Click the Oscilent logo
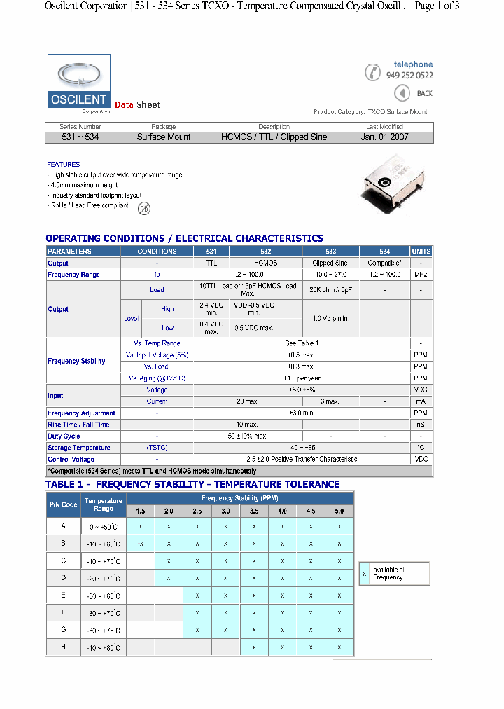78,84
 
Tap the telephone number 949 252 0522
409,76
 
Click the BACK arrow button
402,93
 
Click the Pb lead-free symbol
143,208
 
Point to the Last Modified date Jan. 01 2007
384,137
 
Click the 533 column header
330,252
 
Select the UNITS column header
421,252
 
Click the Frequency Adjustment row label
81,413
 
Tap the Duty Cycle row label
64,436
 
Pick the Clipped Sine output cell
330,263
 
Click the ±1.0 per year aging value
302,378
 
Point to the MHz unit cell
421,275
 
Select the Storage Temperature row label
79,448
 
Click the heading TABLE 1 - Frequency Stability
192,484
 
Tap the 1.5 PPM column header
141,511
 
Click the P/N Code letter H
64,647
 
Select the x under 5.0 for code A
339,526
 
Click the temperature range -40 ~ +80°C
104,648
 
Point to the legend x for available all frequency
364,573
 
